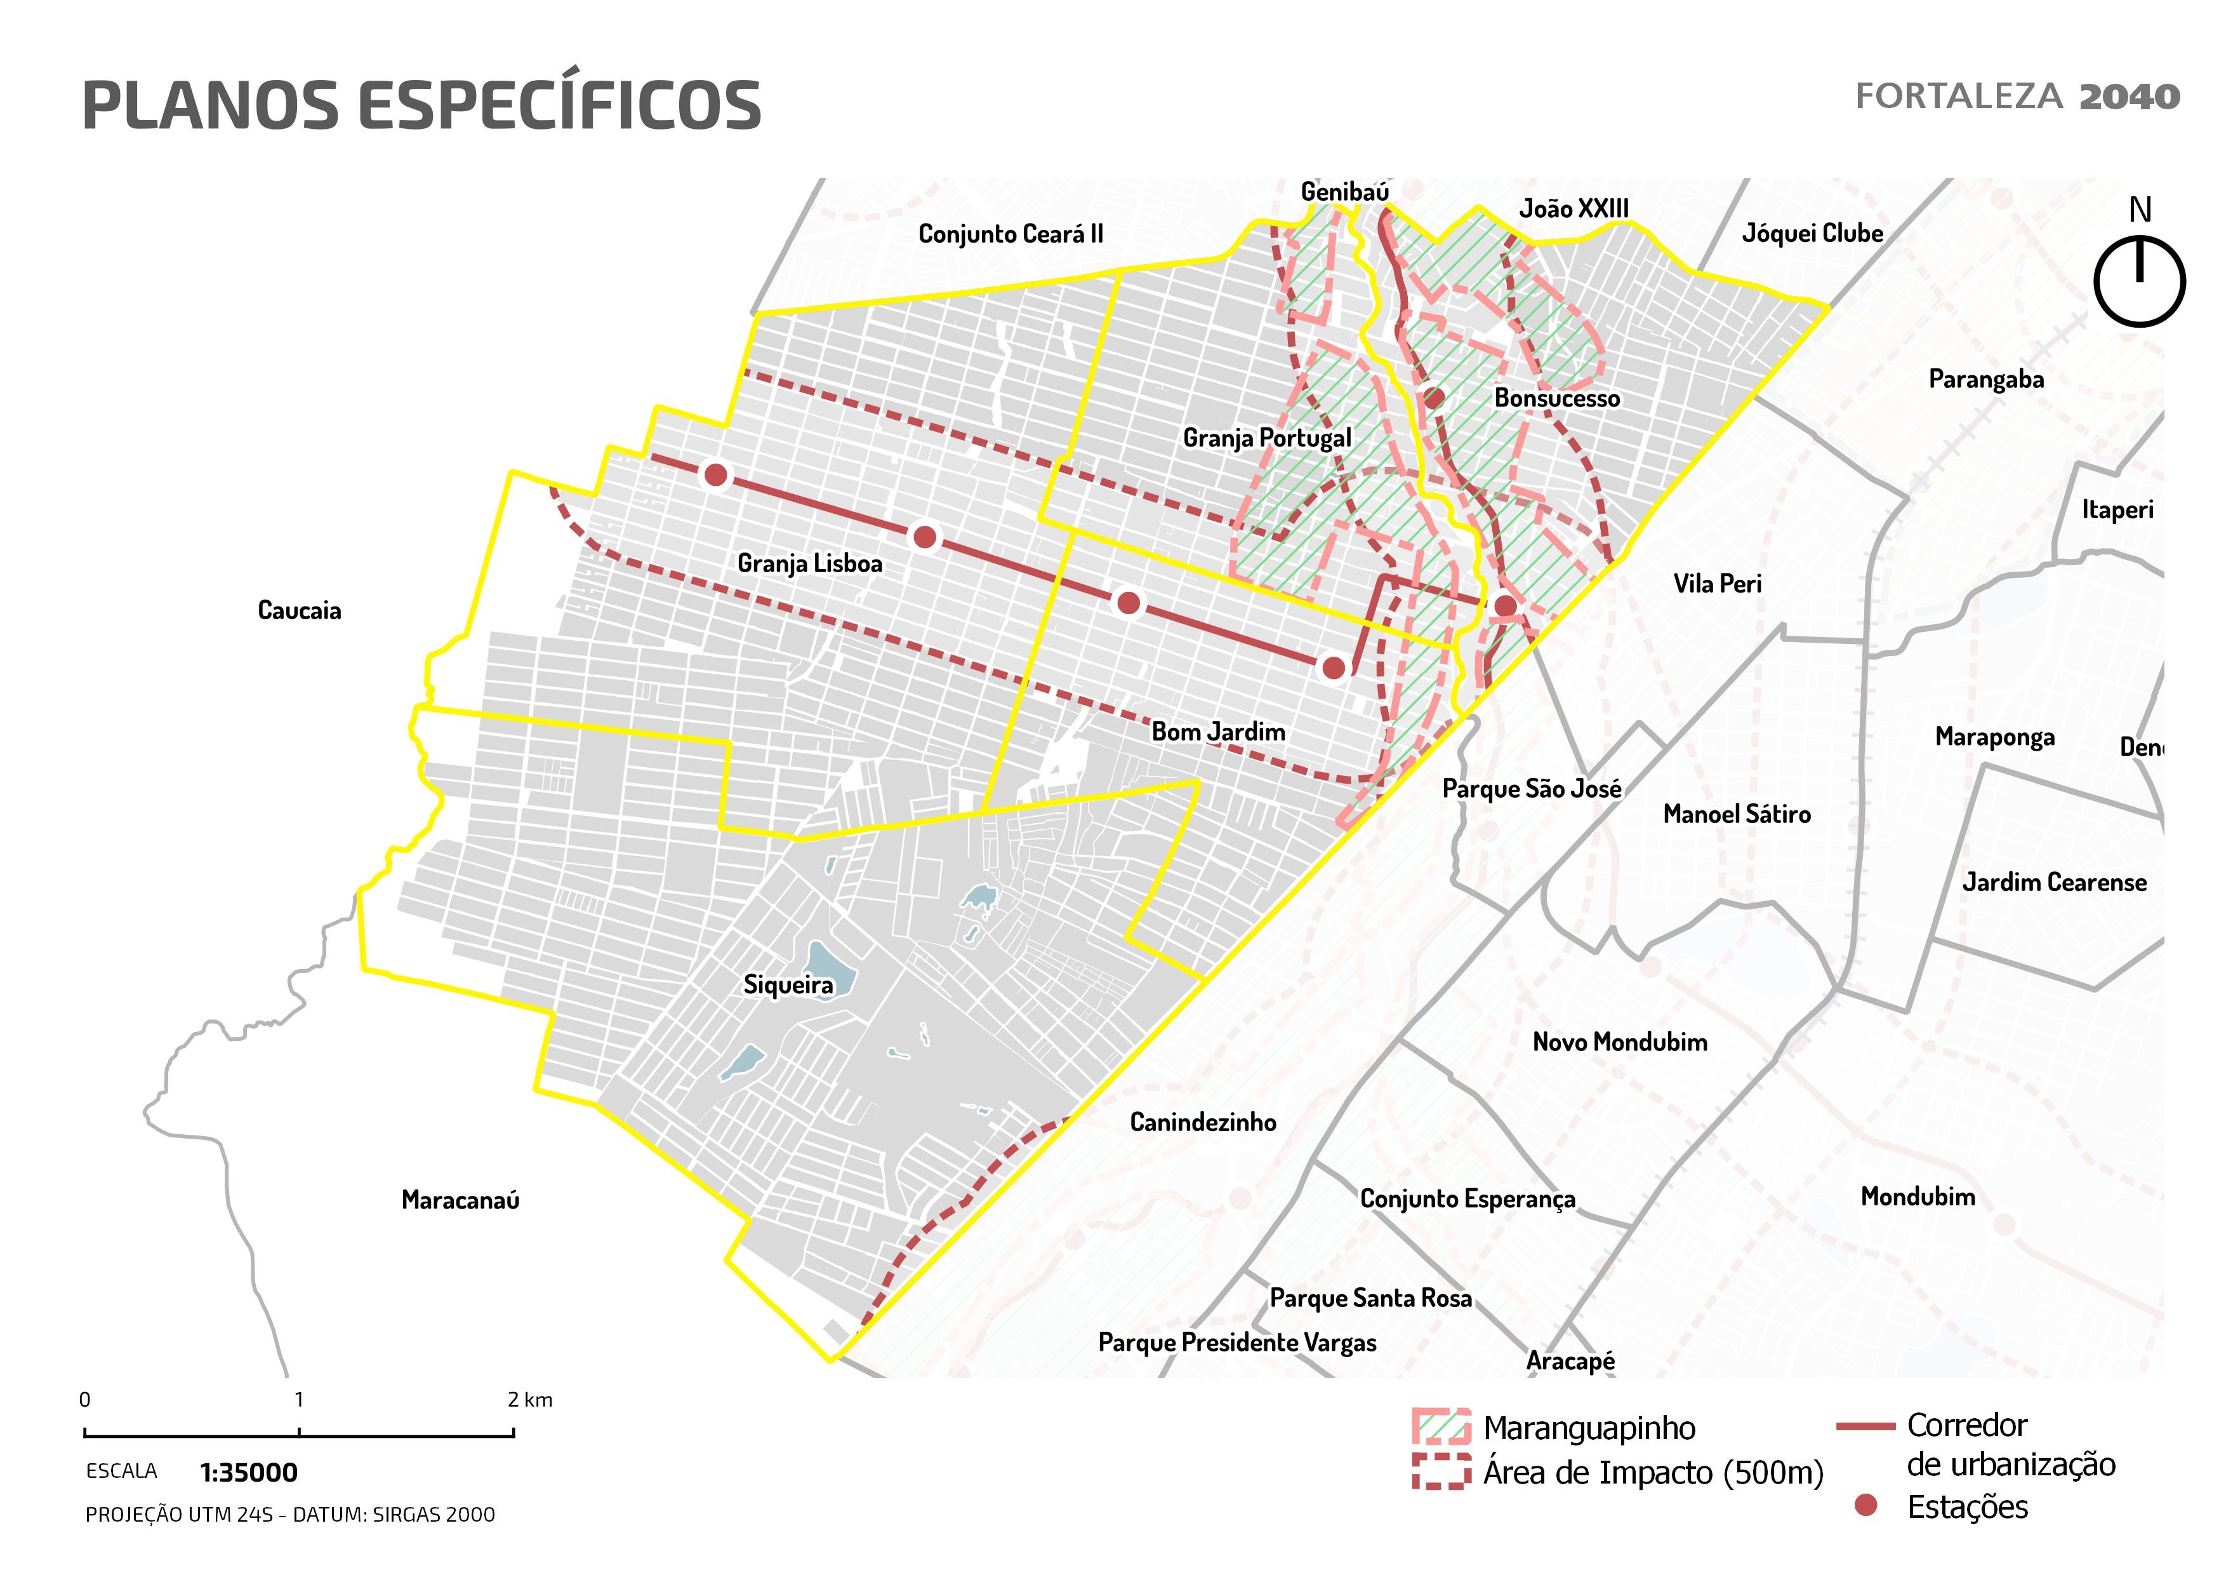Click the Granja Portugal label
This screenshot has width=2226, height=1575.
click(x=1266, y=438)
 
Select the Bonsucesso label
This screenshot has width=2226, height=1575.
click(x=1556, y=399)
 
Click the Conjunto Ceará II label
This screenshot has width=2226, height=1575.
click(x=1010, y=234)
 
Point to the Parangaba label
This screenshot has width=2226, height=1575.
click(x=1985, y=379)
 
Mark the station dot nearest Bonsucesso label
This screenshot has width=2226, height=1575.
click(x=1434, y=398)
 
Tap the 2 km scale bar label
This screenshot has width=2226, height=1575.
click(x=529, y=1400)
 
